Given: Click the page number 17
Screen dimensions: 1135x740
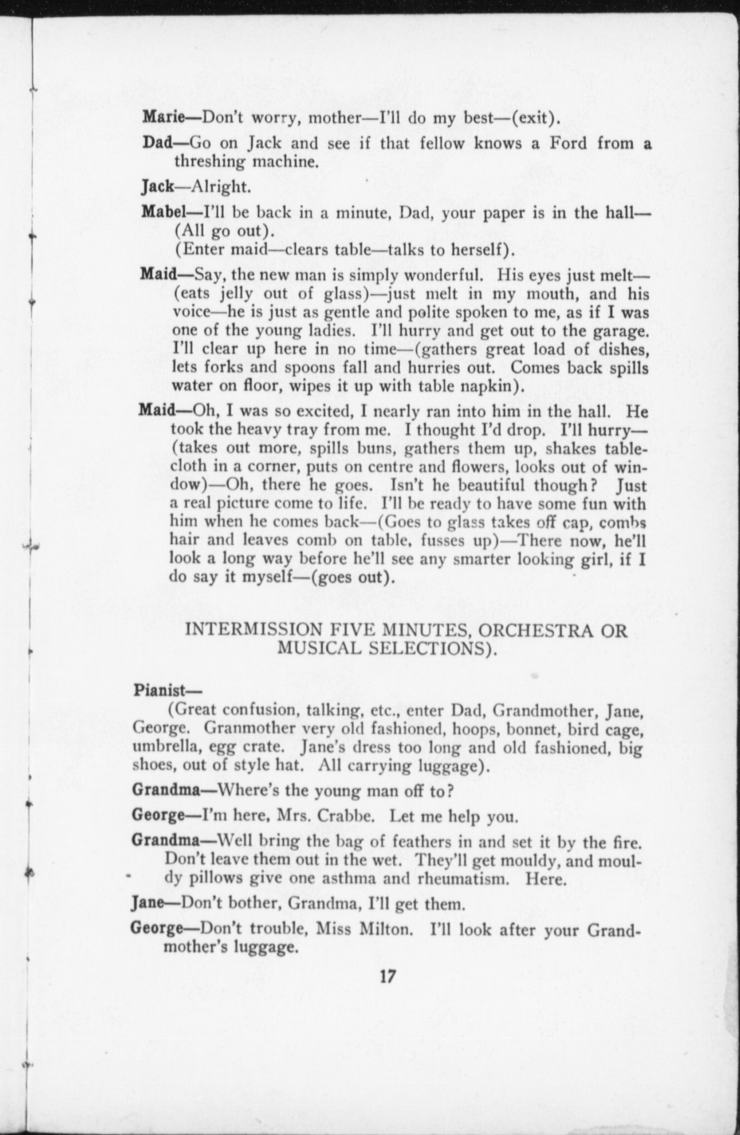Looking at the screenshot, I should [x=387, y=991].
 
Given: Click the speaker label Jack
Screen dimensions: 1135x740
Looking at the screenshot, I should [x=157, y=187].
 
